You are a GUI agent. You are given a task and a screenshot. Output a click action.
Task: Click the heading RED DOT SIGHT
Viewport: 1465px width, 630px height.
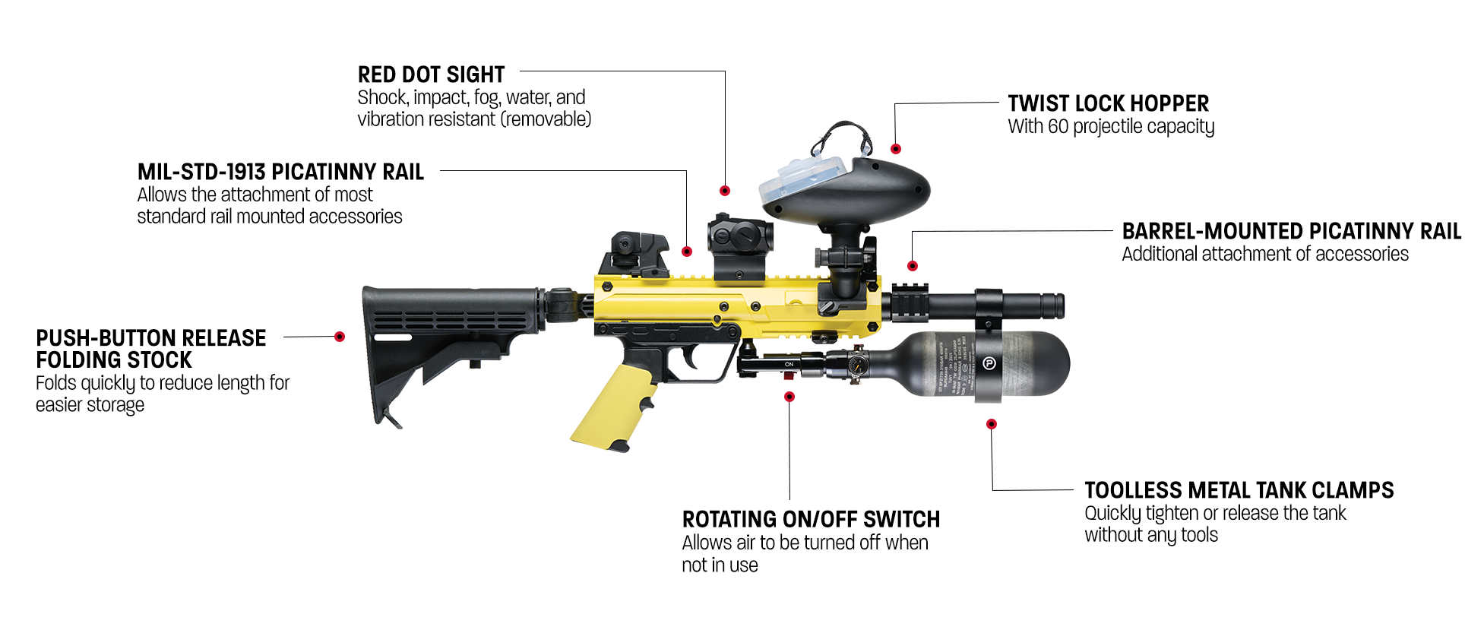pyautogui.click(x=431, y=74)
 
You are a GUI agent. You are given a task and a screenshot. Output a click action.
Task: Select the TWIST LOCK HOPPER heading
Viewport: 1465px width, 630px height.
pyautogui.click(x=1108, y=103)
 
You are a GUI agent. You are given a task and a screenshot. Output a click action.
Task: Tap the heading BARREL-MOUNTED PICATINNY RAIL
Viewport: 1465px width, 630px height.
pyautogui.click(x=1291, y=231)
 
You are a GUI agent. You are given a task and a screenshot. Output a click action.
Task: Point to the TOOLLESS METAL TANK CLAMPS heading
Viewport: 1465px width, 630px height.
pyautogui.click(x=1239, y=490)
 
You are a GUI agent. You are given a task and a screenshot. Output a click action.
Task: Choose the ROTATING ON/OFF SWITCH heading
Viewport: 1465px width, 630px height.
pyautogui.click(x=811, y=520)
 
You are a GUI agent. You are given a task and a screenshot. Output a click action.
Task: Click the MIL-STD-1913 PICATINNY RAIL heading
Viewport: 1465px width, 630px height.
pyautogui.click(x=280, y=172)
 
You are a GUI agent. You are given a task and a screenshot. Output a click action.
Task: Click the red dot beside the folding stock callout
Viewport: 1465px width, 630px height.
pyautogui.click(x=340, y=337)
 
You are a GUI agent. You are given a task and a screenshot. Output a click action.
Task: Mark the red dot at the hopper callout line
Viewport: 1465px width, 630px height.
pyautogui.click(x=896, y=149)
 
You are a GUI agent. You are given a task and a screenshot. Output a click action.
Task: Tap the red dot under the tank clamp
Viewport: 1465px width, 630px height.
pyautogui.click(x=992, y=424)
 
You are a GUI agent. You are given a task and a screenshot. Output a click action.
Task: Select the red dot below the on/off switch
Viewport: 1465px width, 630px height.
pyautogui.click(x=789, y=397)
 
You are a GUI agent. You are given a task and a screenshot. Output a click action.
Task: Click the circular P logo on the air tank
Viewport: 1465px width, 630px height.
pyautogui.click(x=989, y=364)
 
